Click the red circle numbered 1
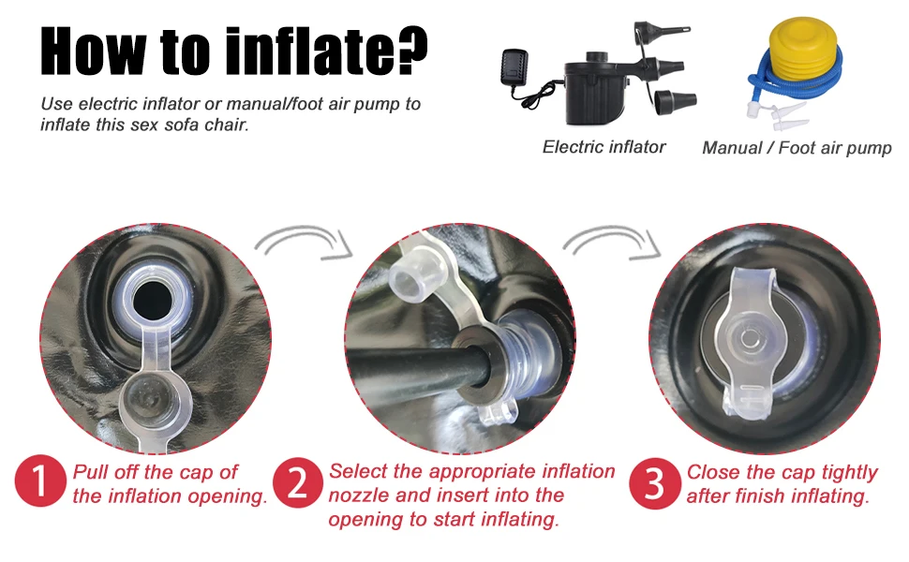coord(40,481)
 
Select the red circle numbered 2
coord(298,482)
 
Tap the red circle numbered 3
coord(654,483)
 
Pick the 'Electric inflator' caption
coord(604,147)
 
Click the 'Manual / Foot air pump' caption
coord(797,148)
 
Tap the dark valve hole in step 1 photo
coord(153,301)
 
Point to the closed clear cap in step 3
coord(749,341)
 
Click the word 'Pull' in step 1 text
coord(91,472)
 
